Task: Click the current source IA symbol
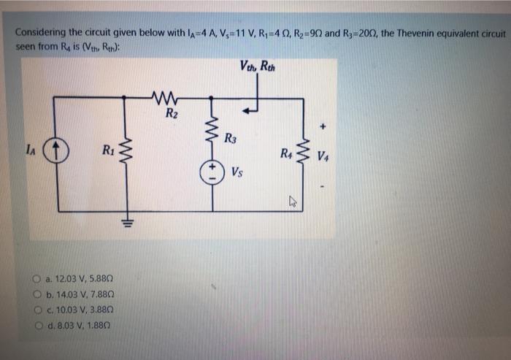point(56,154)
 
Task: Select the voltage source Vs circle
point(213,172)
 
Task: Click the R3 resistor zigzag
point(213,132)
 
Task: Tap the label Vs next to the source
point(237,173)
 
